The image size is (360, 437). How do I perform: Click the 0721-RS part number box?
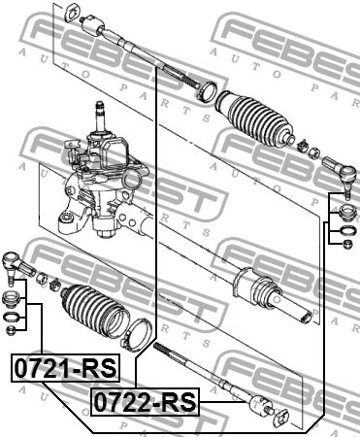(66, 368)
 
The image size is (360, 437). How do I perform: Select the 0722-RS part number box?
(145, 402)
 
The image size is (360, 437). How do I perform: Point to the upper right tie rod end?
(341, 174)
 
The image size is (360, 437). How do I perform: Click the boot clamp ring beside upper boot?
(207, 91)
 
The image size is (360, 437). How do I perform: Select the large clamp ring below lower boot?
(137, 334)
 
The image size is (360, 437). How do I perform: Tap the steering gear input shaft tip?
(100, 106)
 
